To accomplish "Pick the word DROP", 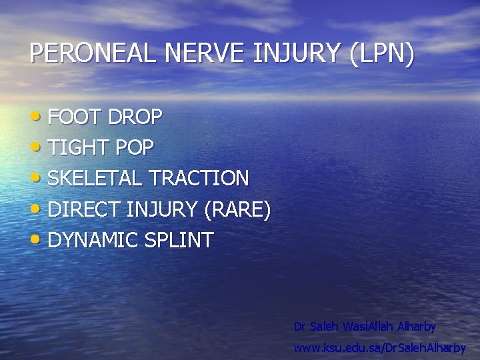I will pyautogui.click(x=135, y=117).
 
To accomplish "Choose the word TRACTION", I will pyautogui.click(x=199, y=179).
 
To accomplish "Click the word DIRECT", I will pyautogui.click(x=84, y=210).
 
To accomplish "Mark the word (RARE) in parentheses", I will pyautogui.click(x=238, y=210).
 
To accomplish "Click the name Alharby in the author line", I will pyautogui.click(x=417, y=327).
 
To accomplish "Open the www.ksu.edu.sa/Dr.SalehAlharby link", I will pyautogui.click(x=380, y=348).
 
